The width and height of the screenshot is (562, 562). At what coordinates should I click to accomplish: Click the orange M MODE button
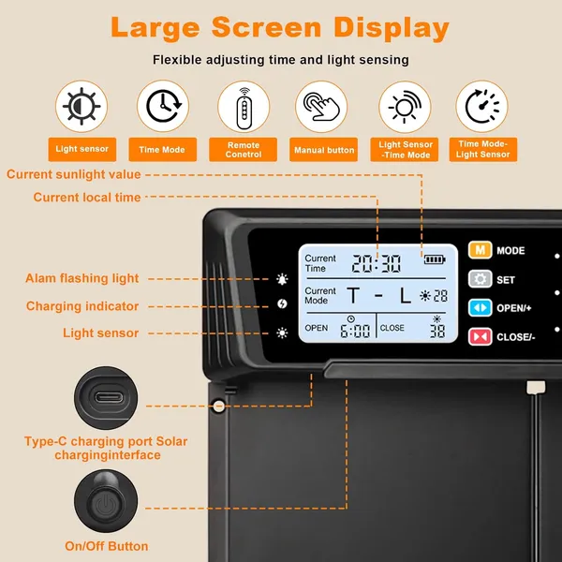click(481, 251)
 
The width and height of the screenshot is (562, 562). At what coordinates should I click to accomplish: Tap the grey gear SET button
click(481, 279)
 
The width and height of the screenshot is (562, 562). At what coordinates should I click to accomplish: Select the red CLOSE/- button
click(481, 335)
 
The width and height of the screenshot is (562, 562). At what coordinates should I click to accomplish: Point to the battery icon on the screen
click(436, 259)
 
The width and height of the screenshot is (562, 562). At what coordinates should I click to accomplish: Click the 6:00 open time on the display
click(355, 330)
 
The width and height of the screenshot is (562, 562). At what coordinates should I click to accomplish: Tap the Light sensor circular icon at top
click(81, 106)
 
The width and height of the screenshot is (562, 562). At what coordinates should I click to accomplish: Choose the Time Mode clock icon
click(162, 106)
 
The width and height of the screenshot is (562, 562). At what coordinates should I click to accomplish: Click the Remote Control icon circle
click(243, 106)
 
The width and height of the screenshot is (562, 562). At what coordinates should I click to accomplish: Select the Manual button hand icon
click(321, 106)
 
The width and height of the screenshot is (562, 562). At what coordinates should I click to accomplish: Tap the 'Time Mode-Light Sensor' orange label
click(482, 150)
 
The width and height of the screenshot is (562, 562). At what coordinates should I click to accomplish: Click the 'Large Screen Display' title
click(280, 28)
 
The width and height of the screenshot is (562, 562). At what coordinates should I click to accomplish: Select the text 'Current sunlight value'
click(73, 174)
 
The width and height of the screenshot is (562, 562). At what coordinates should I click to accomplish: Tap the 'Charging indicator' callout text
click(82, 306)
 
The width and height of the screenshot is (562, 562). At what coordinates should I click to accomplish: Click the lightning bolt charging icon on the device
click(282, 305)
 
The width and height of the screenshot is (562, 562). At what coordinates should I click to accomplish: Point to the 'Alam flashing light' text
click(82, 278)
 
